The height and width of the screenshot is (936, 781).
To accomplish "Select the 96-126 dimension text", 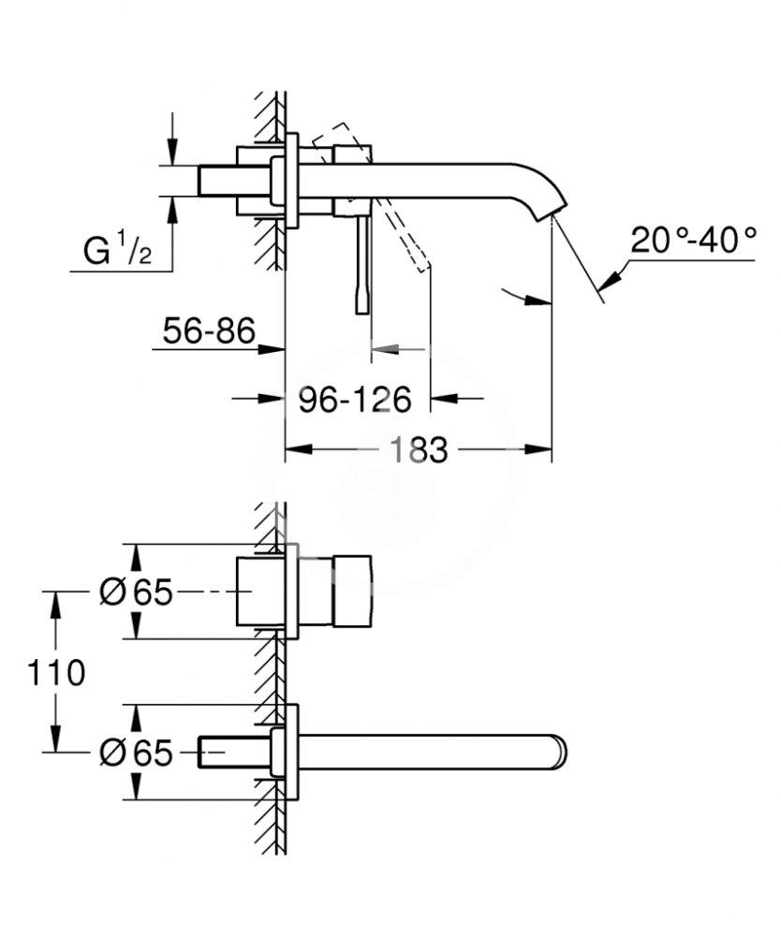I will coord(355,400).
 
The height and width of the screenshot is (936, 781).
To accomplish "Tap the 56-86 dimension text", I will coord(209,331).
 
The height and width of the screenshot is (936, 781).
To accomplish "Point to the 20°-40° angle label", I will coord(693,241).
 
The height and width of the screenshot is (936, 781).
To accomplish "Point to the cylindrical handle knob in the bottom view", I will coord(350,591).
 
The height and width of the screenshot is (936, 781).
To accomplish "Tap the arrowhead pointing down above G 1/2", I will coord(171,155).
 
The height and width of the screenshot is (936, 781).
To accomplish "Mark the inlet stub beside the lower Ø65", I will coord(214,752).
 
